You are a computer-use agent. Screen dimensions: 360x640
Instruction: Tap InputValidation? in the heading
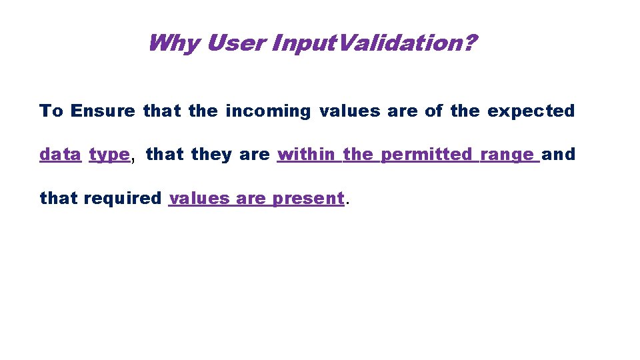(373, 44)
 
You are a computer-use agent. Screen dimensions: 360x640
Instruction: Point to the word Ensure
(103, 111)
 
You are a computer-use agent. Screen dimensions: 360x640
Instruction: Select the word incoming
(268, 111)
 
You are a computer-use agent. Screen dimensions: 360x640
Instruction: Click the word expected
(531, 111)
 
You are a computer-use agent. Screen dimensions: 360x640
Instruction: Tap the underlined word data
(60, 155)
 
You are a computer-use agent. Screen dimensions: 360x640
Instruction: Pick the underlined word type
(109, 155)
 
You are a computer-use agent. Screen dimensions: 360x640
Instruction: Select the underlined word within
(307, 155)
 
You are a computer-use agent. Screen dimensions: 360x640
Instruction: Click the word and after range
(559, 155)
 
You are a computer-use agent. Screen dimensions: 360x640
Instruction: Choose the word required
(123, 199)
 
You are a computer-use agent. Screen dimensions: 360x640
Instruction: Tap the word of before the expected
(433, 111)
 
